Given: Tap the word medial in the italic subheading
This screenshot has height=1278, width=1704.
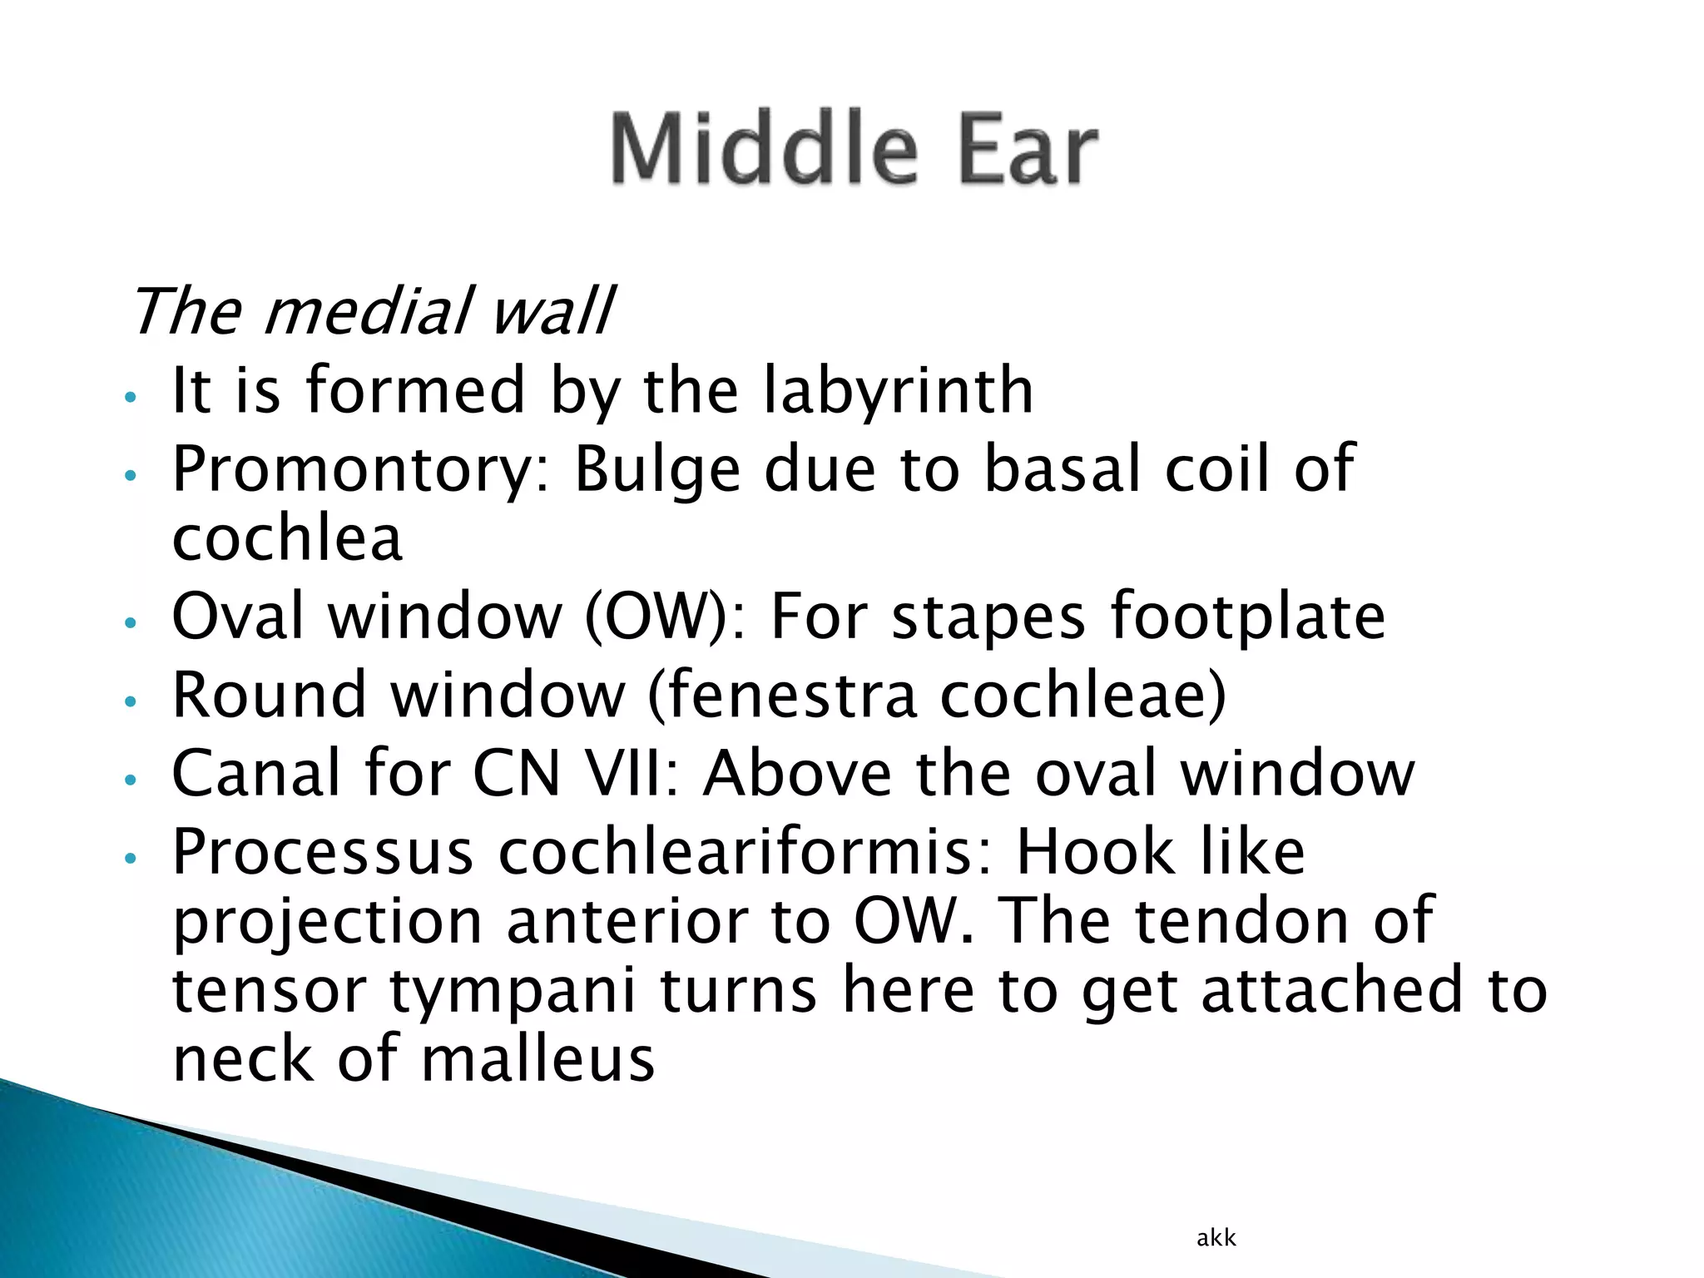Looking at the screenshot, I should [368, 311].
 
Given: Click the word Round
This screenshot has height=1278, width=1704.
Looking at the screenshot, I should [269, 694].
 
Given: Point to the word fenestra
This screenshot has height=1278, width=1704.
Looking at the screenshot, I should [781, 694].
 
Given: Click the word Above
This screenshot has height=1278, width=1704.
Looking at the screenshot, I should [798, 773].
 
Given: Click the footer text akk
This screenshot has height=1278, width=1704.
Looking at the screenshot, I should [1216, 1238].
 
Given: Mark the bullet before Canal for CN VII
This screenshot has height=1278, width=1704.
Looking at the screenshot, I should [129, 780].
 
